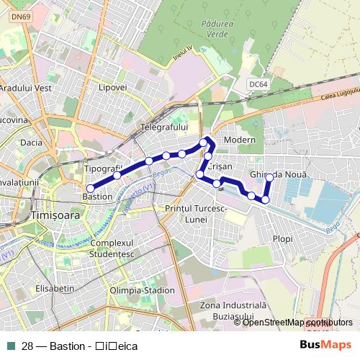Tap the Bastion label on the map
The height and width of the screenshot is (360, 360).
click(x=97, y=196)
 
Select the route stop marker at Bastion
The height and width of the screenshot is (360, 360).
click(x=90, y=189)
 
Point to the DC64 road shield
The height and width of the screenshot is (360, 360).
click(x=257, y=84)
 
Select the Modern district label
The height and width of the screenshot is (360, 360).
click(x=240, y=139)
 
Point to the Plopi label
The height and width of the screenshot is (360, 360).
click(x=282, y=238)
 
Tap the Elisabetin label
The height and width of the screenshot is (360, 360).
click(x=55, y=288)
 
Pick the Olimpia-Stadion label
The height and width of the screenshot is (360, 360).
click(x=142, y=290)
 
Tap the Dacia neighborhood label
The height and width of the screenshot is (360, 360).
click(x=32, y=143)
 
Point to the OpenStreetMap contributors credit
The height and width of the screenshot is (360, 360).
click(x=297, y=322)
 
